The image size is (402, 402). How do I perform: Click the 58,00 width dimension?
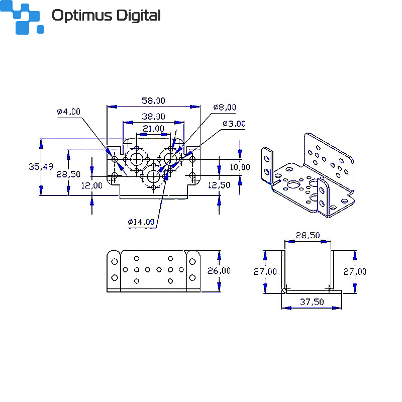[153, 101]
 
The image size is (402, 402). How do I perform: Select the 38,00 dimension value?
[153, 117]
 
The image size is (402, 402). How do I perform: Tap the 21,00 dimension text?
[153, 129]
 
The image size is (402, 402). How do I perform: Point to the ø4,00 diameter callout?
[68, 112]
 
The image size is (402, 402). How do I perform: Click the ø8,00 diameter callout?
[225, 107]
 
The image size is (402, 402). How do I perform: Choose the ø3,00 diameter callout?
[234, 124]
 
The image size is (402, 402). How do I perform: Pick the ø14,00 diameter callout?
[141, 222]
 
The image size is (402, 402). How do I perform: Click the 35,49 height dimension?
[41, 167]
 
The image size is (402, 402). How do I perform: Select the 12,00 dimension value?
[92, 185]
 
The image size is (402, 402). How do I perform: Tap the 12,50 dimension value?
[219, 185]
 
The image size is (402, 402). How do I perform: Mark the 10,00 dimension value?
[240, 167]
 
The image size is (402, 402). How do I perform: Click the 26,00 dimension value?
[219, 271]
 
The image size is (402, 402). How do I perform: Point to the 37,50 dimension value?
[312, 302]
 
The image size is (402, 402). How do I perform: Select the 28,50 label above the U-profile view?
[308, 235]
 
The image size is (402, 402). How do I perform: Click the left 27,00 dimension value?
[265, 271]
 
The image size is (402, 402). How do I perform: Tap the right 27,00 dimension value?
[355, 271]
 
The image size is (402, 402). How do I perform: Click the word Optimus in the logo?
[82, 16]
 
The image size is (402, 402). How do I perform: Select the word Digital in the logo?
[139, 16]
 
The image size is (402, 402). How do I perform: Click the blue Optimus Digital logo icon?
[22, 17]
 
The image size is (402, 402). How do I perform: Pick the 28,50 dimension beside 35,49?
[68, 174]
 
